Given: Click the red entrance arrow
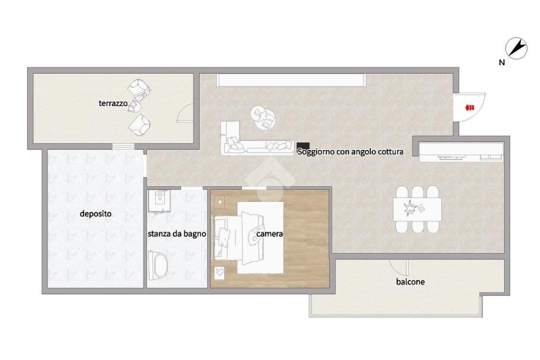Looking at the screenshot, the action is [x=469, y=108].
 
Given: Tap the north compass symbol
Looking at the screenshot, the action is [x=516, y=48].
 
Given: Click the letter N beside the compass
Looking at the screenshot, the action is [x=502, y=63].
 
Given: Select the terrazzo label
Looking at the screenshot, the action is [x=113, y=103].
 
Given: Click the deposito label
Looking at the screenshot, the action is [x=96, y=213].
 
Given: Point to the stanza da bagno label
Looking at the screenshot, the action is [x=177, y=234].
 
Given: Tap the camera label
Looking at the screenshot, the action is [x=269, y=234].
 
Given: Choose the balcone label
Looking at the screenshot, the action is [x=410, y=282].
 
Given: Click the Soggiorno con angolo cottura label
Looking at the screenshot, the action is [x=350, y=152].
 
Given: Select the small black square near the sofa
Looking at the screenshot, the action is [x=303, y=145].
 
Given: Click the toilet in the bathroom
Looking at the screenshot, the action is [x=158, y=265].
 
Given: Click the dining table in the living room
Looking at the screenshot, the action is [x=418, y=209].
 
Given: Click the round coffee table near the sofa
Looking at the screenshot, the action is [x=263, y=117].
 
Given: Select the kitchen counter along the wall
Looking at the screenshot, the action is [x=461, y=152].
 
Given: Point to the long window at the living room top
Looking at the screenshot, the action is [x=291, y=80].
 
